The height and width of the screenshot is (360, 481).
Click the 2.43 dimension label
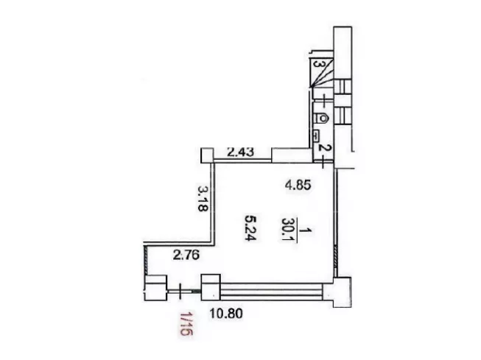click(x=240, y=152)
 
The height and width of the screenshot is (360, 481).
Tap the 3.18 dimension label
click(x=203, y=198)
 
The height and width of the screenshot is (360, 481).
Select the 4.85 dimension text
click(x=298, y=186)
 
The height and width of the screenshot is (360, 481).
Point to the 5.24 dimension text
click(x=250, y=227)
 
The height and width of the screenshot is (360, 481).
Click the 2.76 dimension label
click(x=186, y=255)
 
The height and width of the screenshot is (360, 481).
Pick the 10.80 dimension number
click(x=226, y=314)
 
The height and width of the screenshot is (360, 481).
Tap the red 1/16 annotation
click(x=186, y=324)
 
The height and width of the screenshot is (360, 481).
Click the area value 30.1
click(x=287, y=230)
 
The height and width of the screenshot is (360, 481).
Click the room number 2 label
click(x=321, y=148)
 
